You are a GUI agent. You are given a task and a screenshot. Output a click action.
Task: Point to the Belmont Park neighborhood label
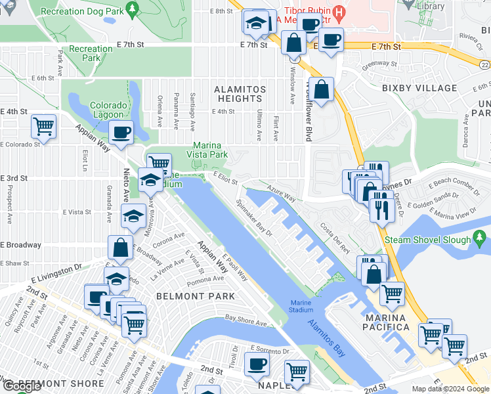point(196,296)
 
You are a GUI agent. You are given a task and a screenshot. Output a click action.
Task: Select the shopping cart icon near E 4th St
point(44,125)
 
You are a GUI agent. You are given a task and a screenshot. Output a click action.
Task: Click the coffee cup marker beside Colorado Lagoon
point(121,131)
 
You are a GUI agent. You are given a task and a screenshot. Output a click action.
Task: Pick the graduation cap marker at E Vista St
point(133,215)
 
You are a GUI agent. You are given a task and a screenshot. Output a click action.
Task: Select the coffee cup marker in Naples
point(257,363)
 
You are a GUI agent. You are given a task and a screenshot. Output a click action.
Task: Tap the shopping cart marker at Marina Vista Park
point(158,164)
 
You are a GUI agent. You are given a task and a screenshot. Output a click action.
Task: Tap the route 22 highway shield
point(485,64)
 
